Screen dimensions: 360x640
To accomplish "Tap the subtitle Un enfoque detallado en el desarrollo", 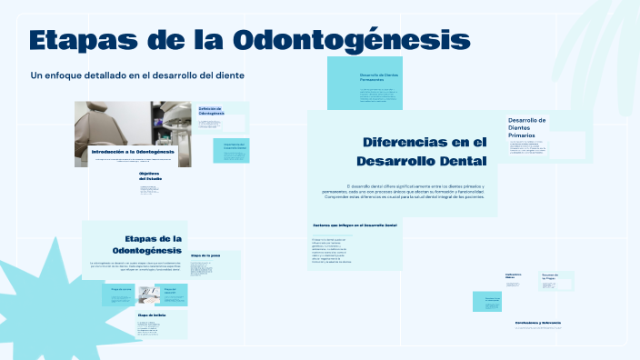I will pos(137,75).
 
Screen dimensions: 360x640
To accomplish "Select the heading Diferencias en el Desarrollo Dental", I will pos(424,151).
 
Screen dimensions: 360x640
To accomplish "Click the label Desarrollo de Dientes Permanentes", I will pos(378,77).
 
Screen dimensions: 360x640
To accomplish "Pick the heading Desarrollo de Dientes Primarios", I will pos(527,127).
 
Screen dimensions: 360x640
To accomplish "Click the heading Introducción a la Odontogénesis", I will pos(132,151).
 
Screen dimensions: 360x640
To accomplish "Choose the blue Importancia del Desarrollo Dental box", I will pos(231,151).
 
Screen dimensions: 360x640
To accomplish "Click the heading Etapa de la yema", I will pos(205,255).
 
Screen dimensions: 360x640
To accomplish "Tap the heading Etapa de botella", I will pos(152,315).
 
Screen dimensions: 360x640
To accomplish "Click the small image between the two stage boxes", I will pos(149,295).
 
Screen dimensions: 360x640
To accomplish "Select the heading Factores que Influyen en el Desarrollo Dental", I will pos(355,225).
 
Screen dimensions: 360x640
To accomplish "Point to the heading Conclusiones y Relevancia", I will pos(537,323).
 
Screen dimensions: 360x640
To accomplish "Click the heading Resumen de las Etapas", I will pos(550,275).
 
